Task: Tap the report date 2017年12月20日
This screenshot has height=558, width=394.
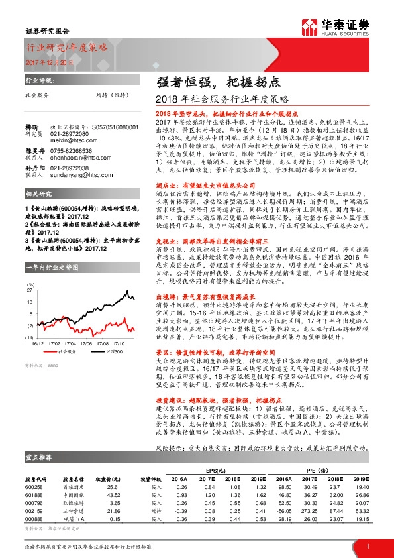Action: pos(46,62)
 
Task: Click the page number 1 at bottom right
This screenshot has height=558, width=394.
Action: pos(368,546)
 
